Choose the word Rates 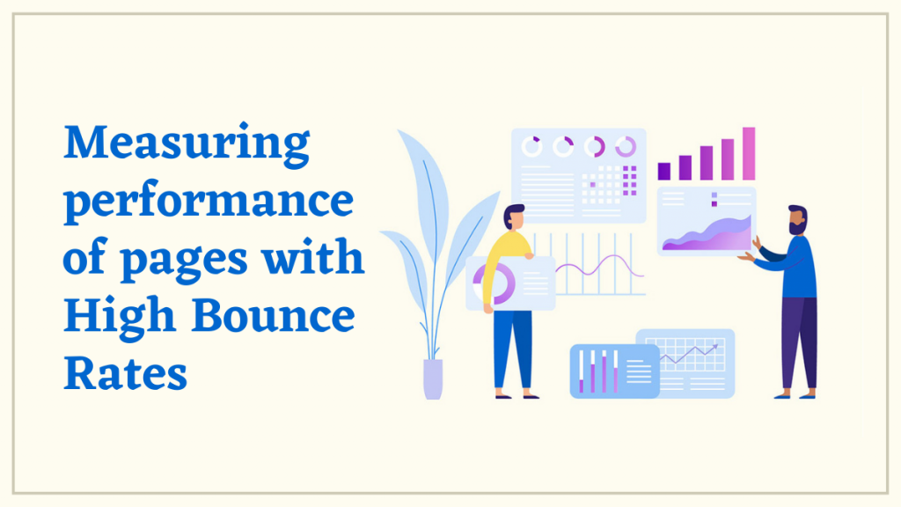point(126,372)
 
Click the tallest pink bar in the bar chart point(749,153)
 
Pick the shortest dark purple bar point(664,171)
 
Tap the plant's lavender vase point(433,378)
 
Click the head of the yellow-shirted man point(515,217)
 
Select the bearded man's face point(796,220)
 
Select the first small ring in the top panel point(532,147)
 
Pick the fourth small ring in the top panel point(626,146)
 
